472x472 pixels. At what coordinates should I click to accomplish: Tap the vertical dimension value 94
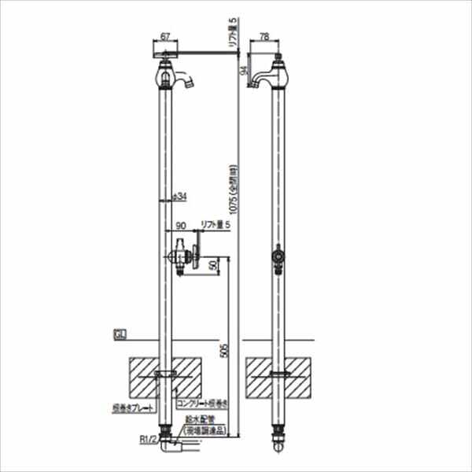coord(243,69)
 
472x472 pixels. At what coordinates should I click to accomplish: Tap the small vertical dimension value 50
coord(212,266)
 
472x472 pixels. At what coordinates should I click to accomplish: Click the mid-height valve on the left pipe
coord(182,256)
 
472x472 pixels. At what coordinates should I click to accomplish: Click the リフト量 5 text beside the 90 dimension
coord(215,225)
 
